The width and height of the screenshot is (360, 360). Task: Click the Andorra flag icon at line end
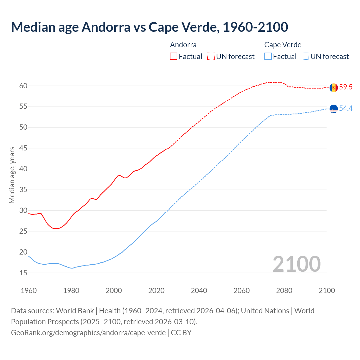334,87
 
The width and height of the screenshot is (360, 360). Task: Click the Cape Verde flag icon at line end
334,109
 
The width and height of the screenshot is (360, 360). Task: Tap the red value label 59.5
346,87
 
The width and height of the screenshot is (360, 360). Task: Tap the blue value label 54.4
346,108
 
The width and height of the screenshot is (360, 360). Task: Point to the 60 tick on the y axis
23,86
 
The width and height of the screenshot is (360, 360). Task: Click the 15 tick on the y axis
23,273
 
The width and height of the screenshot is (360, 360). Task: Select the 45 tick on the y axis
23,148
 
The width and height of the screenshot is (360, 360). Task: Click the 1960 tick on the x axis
29,291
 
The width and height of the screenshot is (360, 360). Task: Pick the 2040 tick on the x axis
199,291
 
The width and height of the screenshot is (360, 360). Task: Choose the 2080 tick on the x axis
284,291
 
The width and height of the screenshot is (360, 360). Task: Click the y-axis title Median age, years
12,175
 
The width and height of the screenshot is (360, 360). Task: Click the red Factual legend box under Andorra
174,57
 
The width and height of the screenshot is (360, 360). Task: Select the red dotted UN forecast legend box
211,57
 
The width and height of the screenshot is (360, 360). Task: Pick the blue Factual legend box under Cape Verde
268,57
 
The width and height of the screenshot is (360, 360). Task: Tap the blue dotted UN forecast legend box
305,57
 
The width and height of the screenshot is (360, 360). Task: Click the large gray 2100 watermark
296,264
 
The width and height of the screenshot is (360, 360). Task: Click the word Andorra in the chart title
106,27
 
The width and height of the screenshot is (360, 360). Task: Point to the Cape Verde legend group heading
283,45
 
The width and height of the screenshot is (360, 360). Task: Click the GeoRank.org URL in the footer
88,333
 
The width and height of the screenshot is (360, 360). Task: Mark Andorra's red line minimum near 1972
56,229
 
